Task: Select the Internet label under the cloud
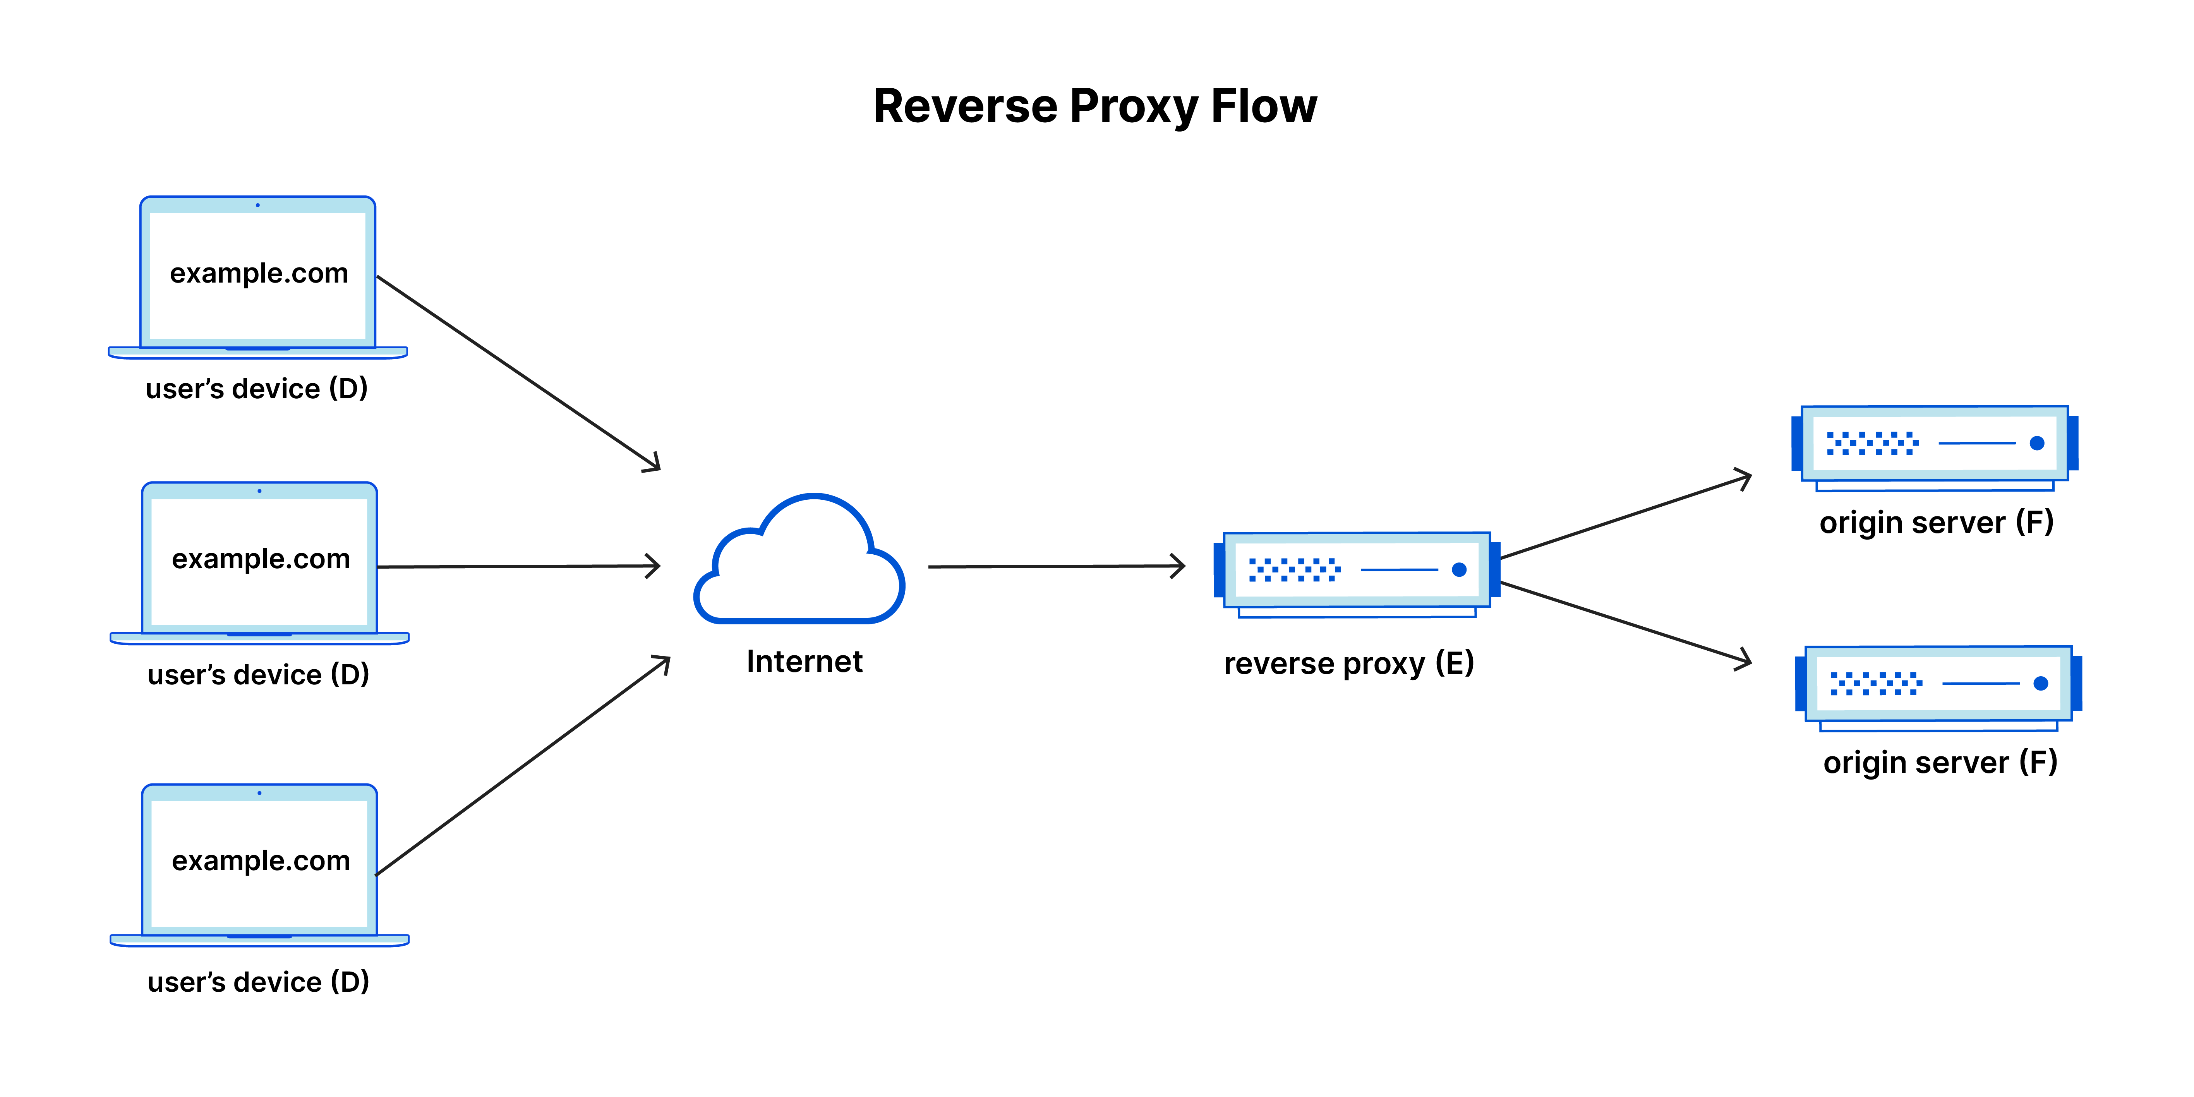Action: tap(804, 662)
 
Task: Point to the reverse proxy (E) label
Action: tap(1348, 663)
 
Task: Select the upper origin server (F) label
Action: tap(1936, 522)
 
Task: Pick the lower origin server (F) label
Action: tap(1939, 762)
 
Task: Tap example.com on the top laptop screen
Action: tap(259, 273)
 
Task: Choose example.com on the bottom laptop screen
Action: tap(261, 861)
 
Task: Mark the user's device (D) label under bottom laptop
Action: tap(258, 982)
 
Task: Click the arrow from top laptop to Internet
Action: tap(518, 372)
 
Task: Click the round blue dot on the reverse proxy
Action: tap(1459, 570)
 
